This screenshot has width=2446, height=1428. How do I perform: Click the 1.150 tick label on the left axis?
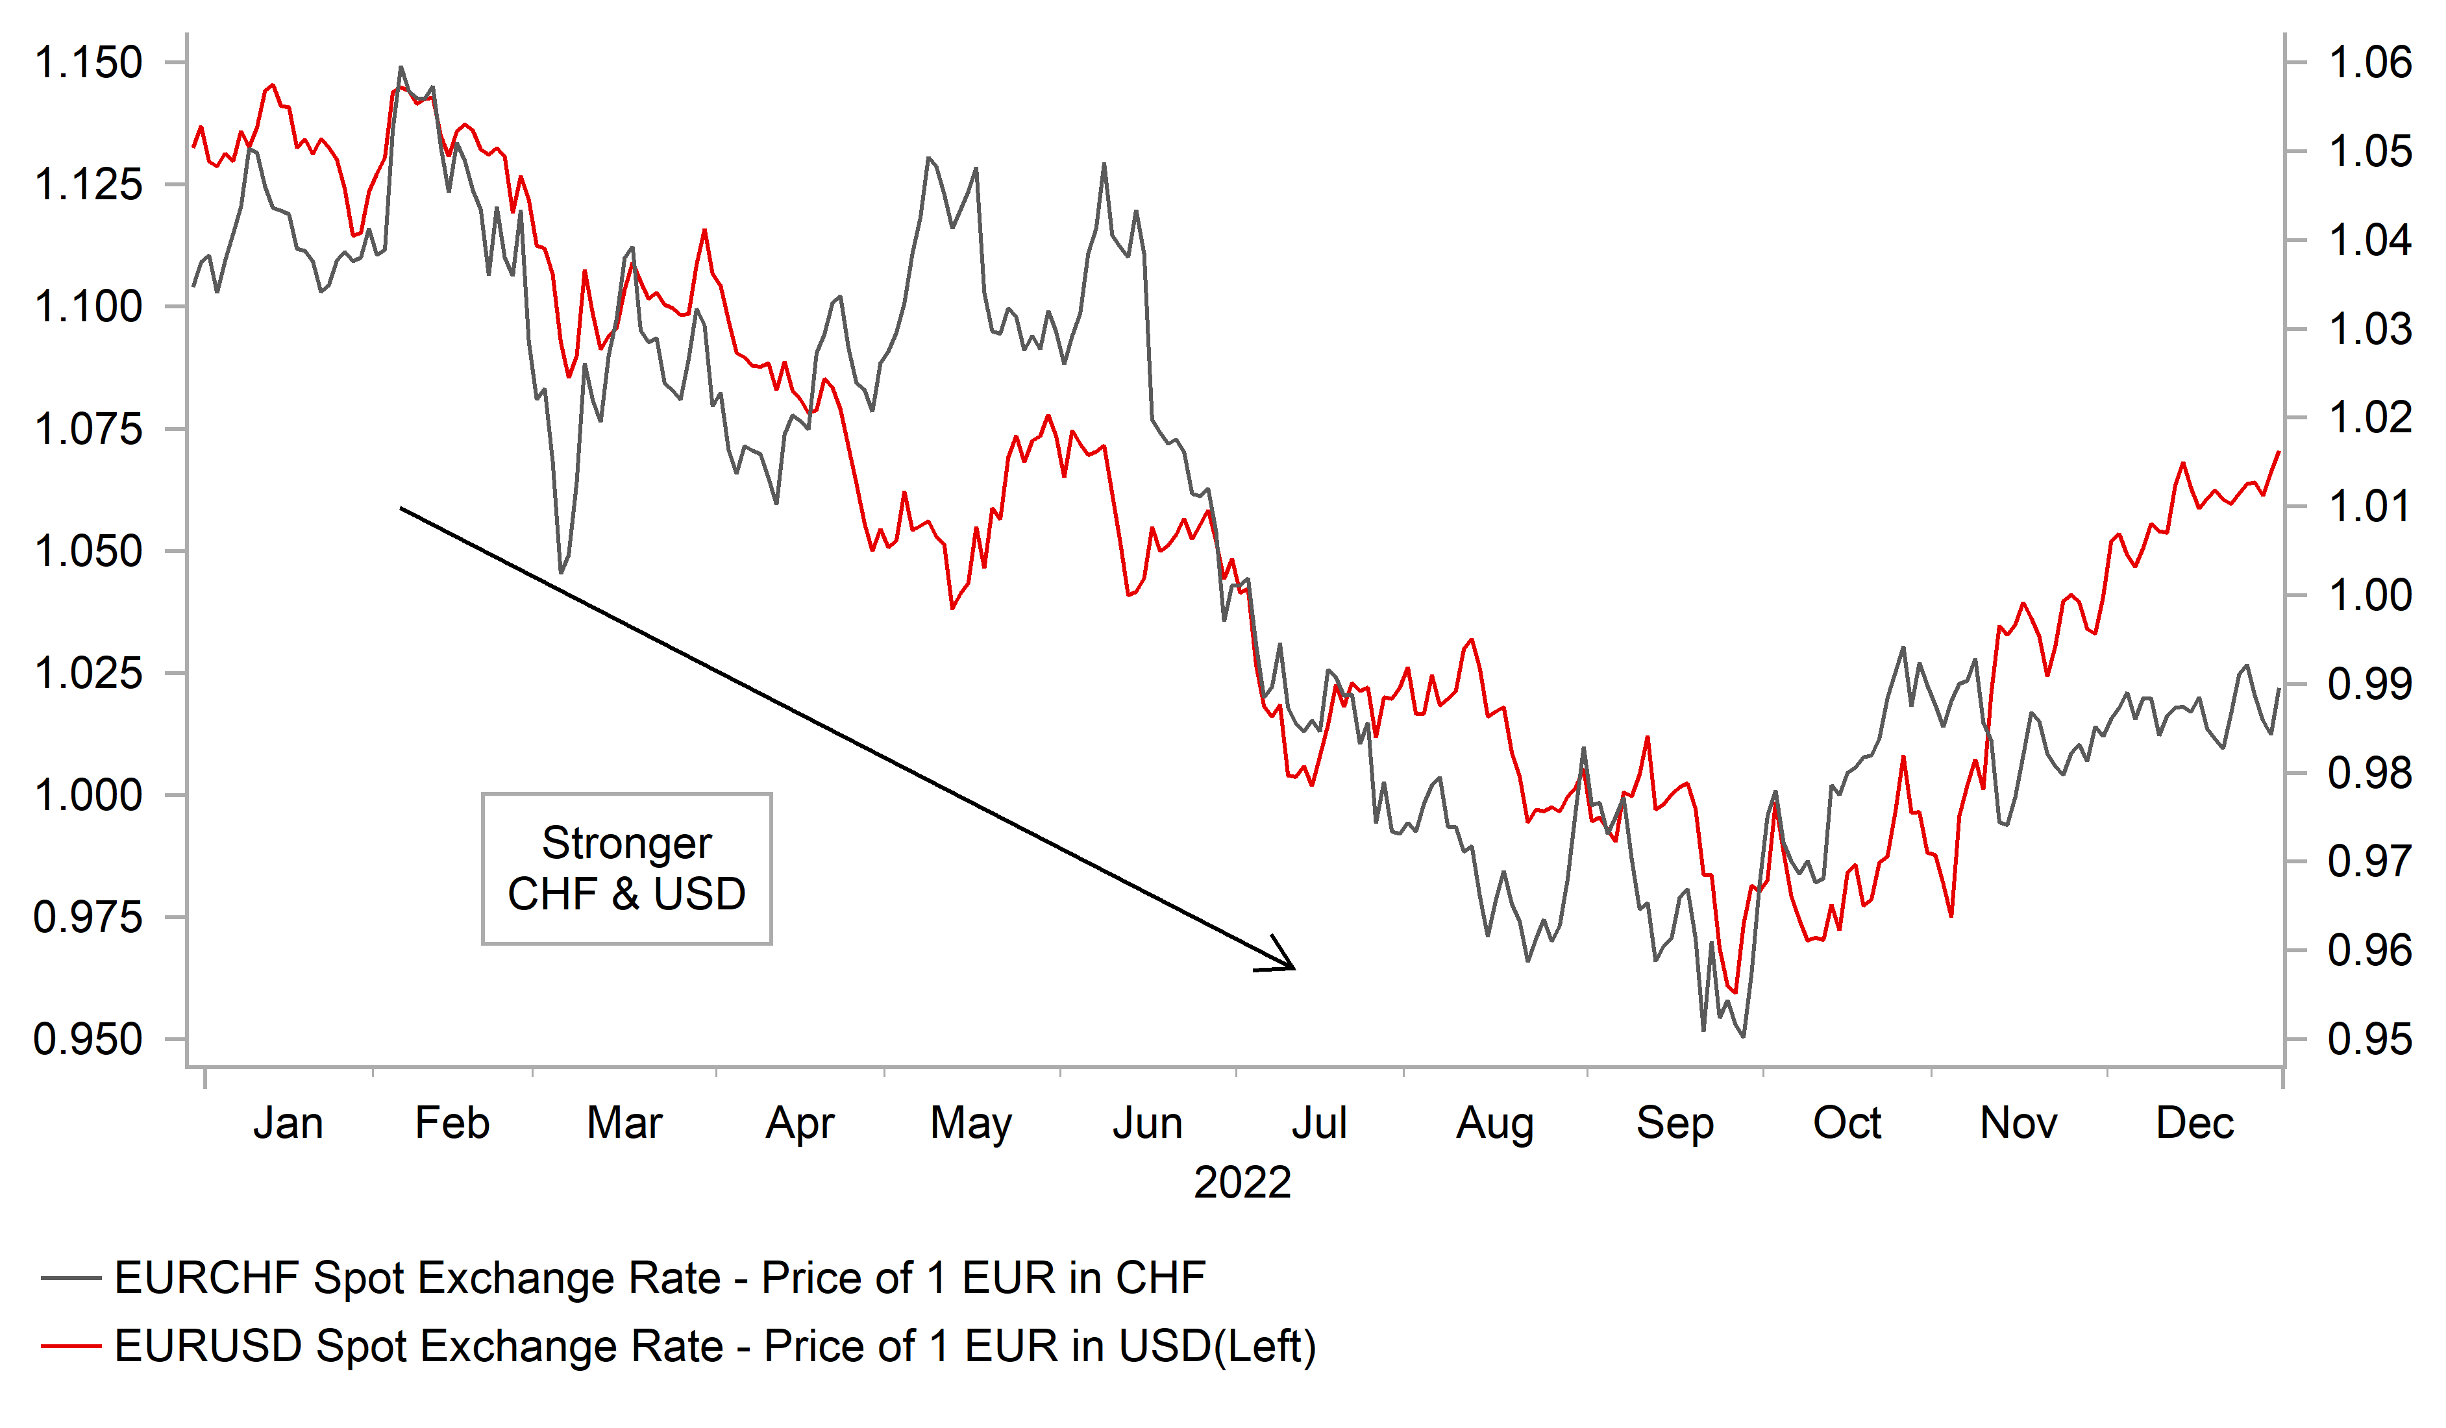tap(88, 63)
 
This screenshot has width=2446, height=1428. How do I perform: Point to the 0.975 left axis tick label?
tap(88, 917)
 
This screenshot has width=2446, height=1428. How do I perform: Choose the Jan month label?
tap(288, 1123)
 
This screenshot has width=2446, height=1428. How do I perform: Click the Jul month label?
tap(1319, 1123)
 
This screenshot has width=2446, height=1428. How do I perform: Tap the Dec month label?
tap(2195, 1123)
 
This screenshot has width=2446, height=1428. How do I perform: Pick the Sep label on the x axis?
tap(1674, 1123)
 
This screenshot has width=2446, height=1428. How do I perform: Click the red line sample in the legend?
tap(71, 1346)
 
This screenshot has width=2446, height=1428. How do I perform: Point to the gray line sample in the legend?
tap(71, 1279)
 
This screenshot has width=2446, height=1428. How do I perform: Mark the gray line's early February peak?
tap(401, 68)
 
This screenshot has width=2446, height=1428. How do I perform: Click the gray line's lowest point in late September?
tap(1743, 1037)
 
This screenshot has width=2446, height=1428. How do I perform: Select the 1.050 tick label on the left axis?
tap(88, 551)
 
